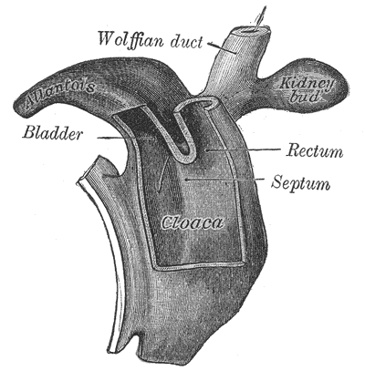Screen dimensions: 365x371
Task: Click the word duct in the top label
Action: point(186,42)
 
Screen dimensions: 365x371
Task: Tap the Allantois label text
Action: point(60,94)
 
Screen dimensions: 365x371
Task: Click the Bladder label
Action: point(52,133)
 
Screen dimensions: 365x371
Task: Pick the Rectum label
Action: point(315,150)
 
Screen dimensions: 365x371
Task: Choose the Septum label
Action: point(300,182)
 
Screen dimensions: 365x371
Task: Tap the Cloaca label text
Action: point(193,223)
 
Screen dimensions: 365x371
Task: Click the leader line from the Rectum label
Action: point(243,149)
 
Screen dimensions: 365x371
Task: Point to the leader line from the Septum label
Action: point(225,180)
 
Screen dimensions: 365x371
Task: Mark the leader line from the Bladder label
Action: point(127,138)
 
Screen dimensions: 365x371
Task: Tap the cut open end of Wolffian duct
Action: point(250,31)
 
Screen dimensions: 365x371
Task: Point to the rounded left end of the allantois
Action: point(19,107)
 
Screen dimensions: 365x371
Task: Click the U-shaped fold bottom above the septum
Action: point(183,158)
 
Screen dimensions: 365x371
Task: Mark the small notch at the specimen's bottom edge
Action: point(139,339)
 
